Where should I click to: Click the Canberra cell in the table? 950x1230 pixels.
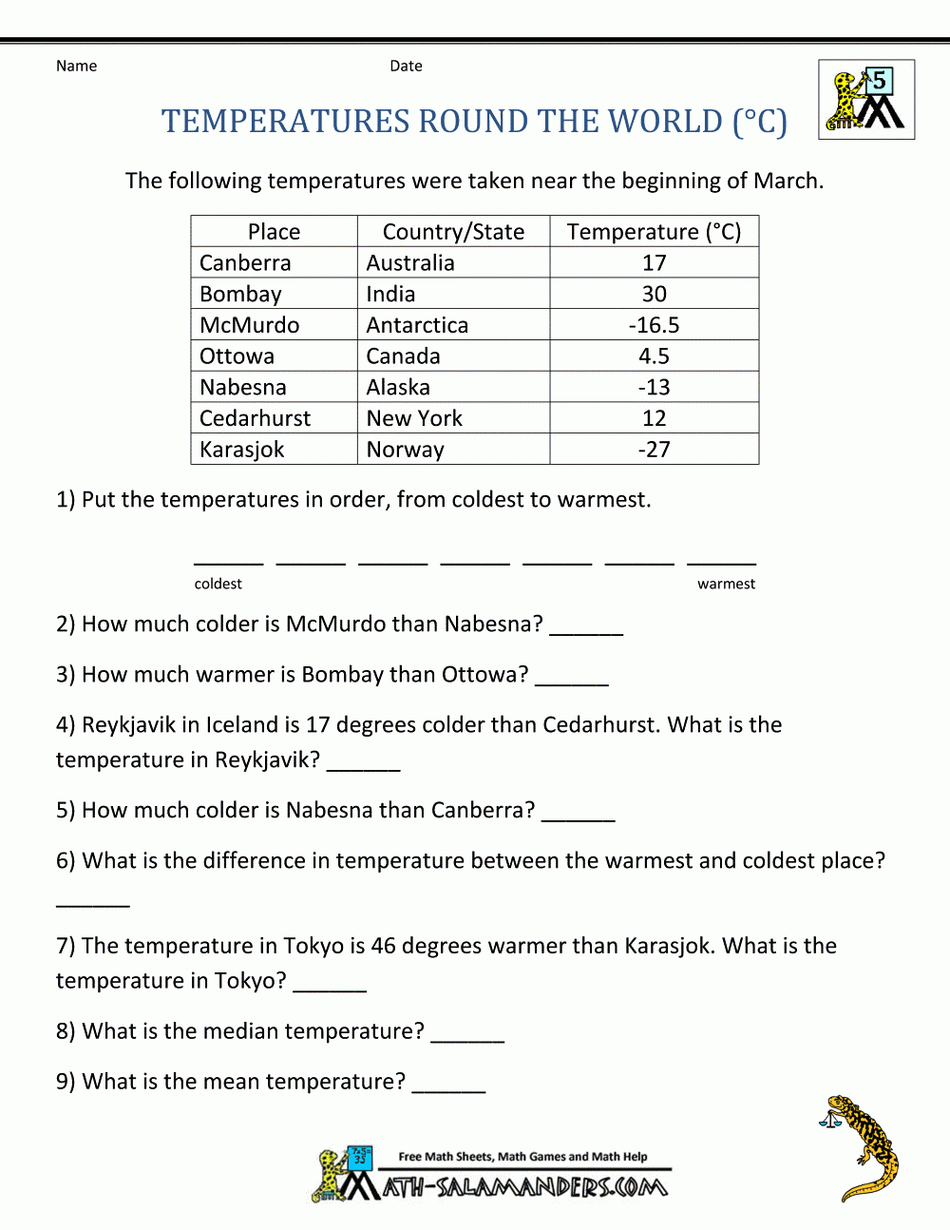[245, 263]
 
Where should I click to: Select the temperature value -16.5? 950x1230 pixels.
[654, 325]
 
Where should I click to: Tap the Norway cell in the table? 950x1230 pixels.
[406, 450]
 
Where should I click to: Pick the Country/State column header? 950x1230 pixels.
[453, 232]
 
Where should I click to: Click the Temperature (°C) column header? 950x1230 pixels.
[654, 232]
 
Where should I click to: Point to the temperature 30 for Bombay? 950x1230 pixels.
[654, 295]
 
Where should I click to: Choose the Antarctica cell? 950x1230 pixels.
[417, 325]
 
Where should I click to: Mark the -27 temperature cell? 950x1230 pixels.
[654, 450]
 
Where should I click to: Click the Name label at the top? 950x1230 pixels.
[76, 66]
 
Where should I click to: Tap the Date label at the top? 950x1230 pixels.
[406, 66]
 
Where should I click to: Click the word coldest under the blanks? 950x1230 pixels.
[218, 584]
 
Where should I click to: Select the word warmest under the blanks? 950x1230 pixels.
[726, 584]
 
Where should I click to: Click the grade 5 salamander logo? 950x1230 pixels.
[866, 100]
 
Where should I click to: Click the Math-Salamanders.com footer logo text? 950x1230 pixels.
[524, 1186]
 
